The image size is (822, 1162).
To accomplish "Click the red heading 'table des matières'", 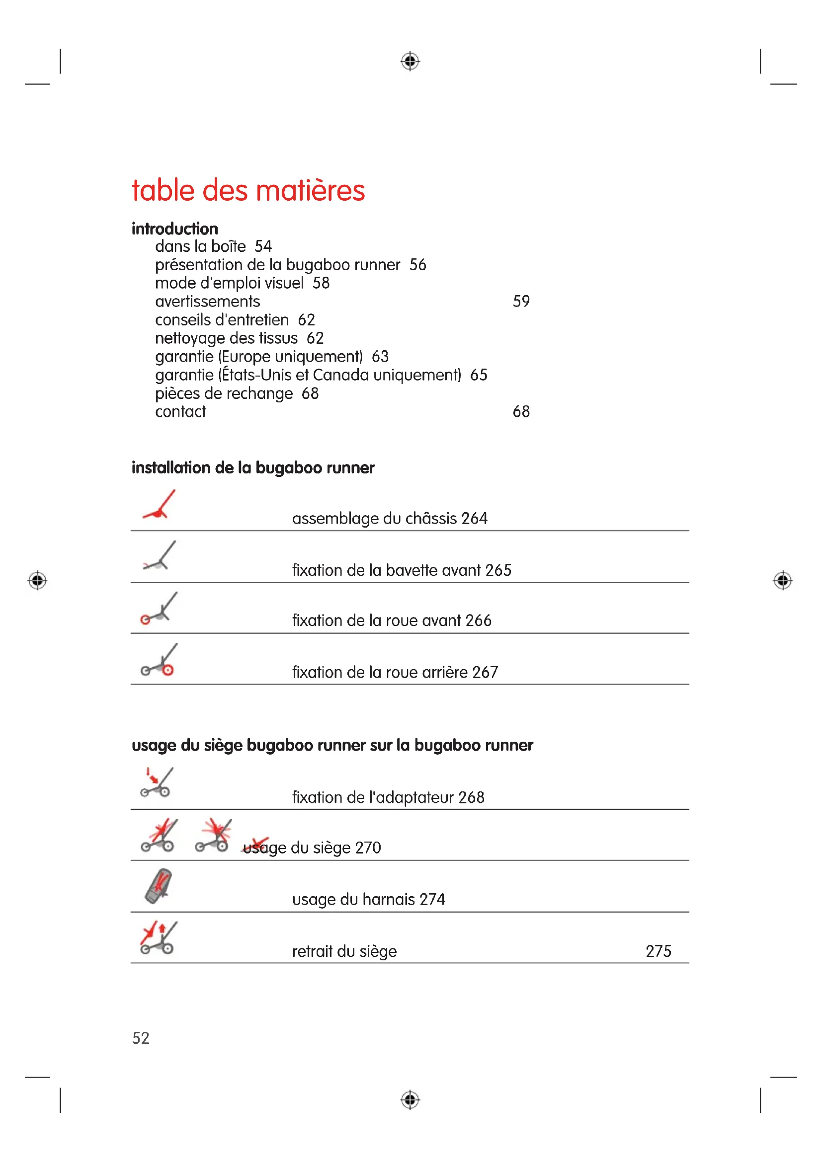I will click(x=248, y=191).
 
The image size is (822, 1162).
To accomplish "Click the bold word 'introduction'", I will click(x=174, y=229).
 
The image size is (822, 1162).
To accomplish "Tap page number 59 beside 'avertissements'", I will click(x=521, y=302).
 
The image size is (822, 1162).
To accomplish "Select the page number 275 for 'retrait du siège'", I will click(x=658, y=951).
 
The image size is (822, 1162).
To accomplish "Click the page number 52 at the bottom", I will click(x=141, y=1038).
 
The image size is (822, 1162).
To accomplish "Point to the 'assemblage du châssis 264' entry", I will click(x=389, y=518).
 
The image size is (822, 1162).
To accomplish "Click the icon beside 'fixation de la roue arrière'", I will click(x=159, y=660).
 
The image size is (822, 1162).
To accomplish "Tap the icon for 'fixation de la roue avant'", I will click(x=159, y=609).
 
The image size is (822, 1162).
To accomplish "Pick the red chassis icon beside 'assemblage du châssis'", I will click(x=159, y=506).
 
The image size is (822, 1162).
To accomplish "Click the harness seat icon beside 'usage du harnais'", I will click(x=159, y=886).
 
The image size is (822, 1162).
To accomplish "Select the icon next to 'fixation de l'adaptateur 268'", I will click(x=157, y=782).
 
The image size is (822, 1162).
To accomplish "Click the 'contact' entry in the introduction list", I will click(x=180, y=412).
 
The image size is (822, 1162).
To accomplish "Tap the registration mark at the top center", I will click(x=410, y=61).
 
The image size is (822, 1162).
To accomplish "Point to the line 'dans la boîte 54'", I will click(x=213, y=246).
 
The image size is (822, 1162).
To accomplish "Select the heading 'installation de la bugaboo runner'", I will click(x=253, y=467).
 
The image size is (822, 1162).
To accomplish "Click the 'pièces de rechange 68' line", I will click(x=237, y=394).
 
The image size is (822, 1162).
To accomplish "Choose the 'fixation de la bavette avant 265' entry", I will click(x=402, y=570).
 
